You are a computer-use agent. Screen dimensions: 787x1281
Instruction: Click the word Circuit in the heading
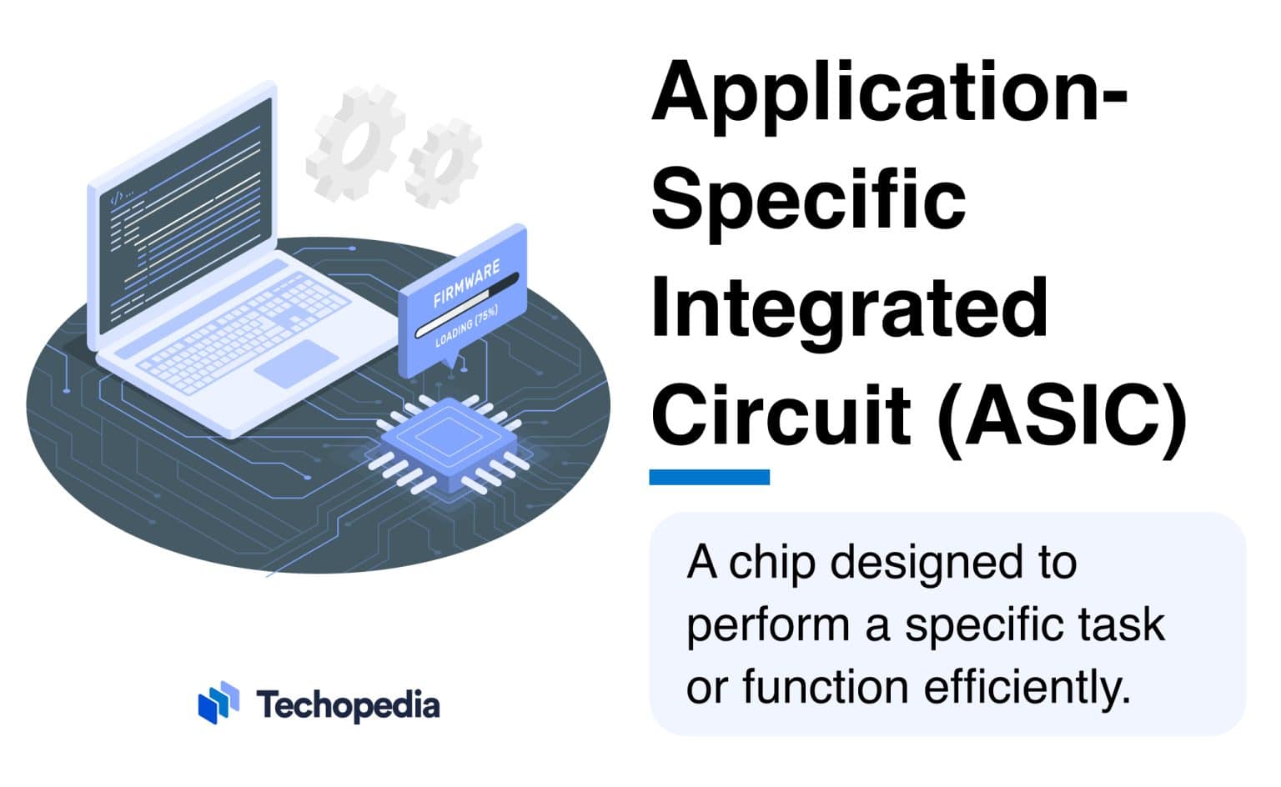point(781,414)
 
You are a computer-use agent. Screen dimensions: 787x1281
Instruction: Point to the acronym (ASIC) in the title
point(1062,414)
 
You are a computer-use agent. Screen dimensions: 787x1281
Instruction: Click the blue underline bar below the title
point(709,477)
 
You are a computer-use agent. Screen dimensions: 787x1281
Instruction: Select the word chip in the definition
point(771,564)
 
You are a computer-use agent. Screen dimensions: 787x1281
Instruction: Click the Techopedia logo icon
point(219,704)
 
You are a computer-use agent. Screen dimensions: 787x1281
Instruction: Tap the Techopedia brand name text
point(348,705)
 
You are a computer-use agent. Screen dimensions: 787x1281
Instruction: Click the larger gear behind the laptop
point(354,143)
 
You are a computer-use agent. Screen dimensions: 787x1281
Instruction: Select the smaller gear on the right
point(443,163)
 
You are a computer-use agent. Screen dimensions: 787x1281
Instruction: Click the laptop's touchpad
point(296,363)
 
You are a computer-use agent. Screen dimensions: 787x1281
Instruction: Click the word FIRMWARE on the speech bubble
point(466,283)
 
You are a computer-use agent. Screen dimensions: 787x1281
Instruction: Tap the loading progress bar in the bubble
point(467,305)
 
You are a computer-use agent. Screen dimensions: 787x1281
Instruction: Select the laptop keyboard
point(242,333)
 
